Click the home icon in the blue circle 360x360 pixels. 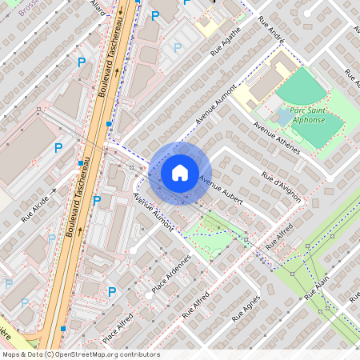[x=180, y=173]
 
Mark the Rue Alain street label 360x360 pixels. [x=317, y=288]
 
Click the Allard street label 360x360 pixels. [x=98, y=6]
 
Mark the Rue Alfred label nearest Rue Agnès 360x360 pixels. [x=196, y=305]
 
